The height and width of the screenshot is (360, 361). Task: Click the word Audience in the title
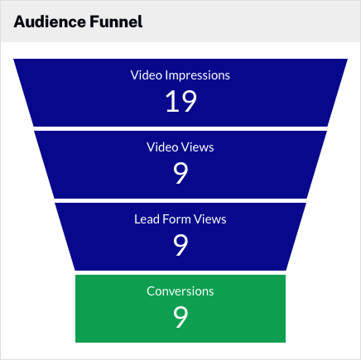[x=50, y=22]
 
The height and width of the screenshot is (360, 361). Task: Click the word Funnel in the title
[x=116, y=22]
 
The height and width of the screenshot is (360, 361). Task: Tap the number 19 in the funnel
[x=181, y=101]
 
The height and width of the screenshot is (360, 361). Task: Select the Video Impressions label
[x=180, y=75]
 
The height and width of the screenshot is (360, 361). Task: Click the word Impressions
[x=198, y=75]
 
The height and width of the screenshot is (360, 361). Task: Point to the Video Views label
[x=180, y=147]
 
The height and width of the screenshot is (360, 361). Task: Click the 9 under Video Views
[x=180, y=173]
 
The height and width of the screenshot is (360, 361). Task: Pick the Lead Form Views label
[x=180, y=219]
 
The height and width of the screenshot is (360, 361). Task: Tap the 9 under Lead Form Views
[x=180, y=245]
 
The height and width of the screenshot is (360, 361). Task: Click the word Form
[x=176, y=219]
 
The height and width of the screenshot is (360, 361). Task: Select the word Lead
[x=147, y=219]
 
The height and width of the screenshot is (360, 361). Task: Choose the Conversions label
[x=180, y=291]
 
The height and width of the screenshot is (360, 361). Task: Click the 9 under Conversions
[x=180, y=317]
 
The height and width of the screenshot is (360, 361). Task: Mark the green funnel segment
[x=180, y=309]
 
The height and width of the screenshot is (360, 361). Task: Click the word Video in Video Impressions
[x=147, y=75]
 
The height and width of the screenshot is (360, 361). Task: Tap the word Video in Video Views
[x=162, y=147]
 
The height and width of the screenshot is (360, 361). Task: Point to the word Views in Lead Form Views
[x=209, y=219]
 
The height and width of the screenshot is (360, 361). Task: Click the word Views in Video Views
[x=197, y=147]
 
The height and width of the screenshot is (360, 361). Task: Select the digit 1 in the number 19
[x=172, y=101]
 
